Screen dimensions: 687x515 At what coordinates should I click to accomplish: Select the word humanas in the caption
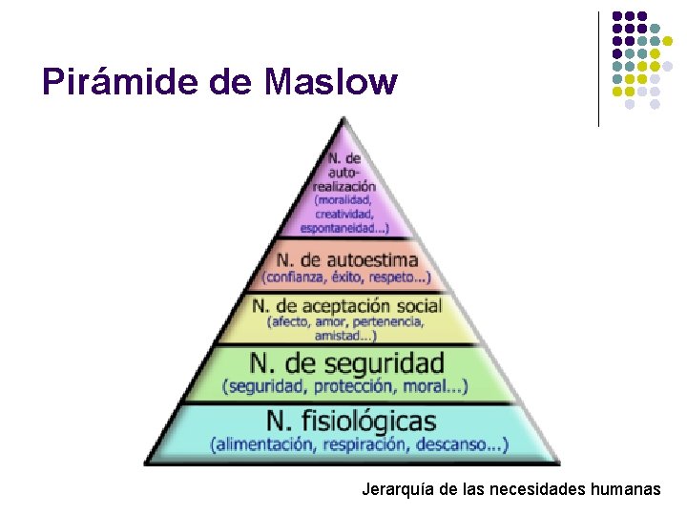coord(626,490)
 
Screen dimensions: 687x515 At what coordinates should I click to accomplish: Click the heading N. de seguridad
coord(347,362)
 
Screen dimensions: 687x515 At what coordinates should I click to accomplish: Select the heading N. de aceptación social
coord(346,306)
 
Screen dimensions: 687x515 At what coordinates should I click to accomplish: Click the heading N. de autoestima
coord(347,259)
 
